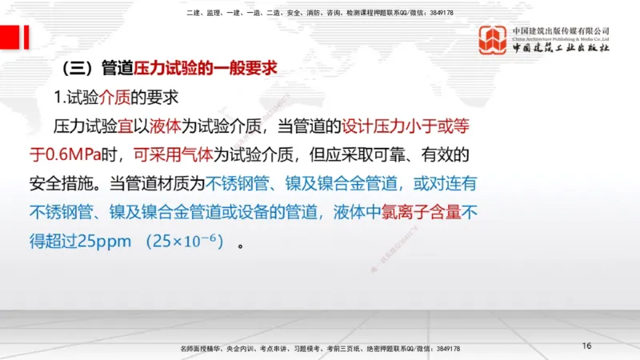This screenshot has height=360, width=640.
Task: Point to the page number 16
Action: pyautogui.click(x=586, y=346)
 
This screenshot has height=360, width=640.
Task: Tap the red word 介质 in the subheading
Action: pyautogui.click(x=114, y=98)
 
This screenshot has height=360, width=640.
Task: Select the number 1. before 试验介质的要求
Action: pyautogui.click(x=59, y=98)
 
